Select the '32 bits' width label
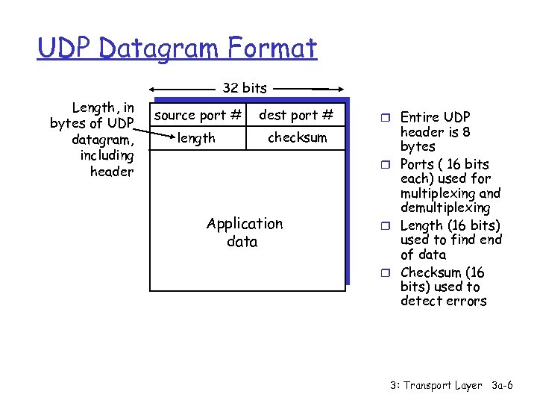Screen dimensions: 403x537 (x=244, y=88)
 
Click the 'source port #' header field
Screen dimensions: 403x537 (x=198, y=115)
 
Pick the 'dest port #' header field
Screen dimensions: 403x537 (x=296, y=115)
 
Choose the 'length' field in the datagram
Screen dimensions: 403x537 (x=197, y=138)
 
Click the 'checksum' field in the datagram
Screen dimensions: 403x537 (x=297, y=138)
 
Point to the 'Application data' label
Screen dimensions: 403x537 (x=244, y=232)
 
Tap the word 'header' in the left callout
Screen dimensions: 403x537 (x=111, y=172)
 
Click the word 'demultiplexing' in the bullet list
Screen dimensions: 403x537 (x=445, y=207)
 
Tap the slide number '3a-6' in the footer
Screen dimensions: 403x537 (x=503, y=386)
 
